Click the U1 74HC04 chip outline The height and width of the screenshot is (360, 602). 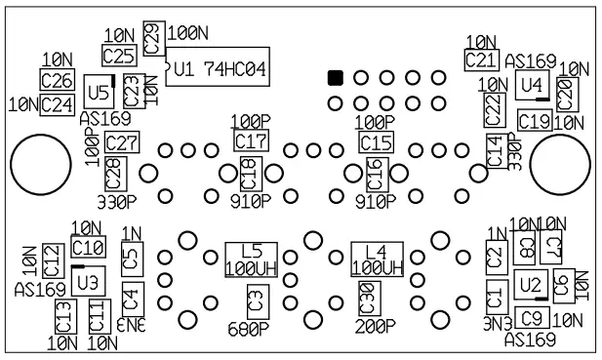point(218,69)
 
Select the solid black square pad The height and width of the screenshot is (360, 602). point(335,77)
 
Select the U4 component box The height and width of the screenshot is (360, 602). point(530,85)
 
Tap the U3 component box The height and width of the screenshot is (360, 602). point(88,282)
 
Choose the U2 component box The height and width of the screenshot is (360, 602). point(530,285)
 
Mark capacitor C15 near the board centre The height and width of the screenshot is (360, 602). point(375,142)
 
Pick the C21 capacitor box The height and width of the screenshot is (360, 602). point(479,60)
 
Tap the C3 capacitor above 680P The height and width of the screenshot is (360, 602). point(256,299)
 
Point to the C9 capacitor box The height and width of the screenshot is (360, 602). point(530,316)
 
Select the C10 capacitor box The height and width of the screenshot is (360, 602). point(88,247)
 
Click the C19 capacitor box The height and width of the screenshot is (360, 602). point(534,121)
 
